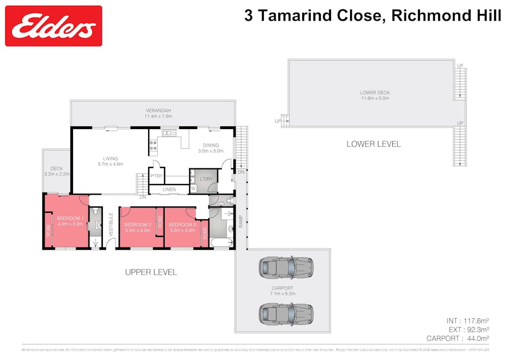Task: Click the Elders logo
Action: [x=53, y=26]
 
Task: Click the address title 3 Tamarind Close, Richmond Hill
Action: [x=373, y=15]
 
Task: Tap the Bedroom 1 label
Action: [x=70, y=221]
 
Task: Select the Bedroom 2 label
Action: [x=138, y=227]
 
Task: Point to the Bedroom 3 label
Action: [x=183, y=227]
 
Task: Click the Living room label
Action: [x=110, y=161]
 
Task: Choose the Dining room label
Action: [x=211, y=148]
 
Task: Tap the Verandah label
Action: [x=158, y=113]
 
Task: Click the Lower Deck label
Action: [x=375, y=95]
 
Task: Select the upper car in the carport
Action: [x=285, y=268]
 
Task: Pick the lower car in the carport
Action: [x=285, y=314]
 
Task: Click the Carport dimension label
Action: [x=283, y=291]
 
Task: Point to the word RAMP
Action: [x=240, y=221]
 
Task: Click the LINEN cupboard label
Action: [x=169, y=189]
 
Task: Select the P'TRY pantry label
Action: [x=156, y=177]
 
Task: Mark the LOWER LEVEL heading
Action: [x=374, y=144]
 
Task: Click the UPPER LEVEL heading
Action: [x=151, y=272]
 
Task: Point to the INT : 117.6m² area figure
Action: [x=467, y=321]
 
